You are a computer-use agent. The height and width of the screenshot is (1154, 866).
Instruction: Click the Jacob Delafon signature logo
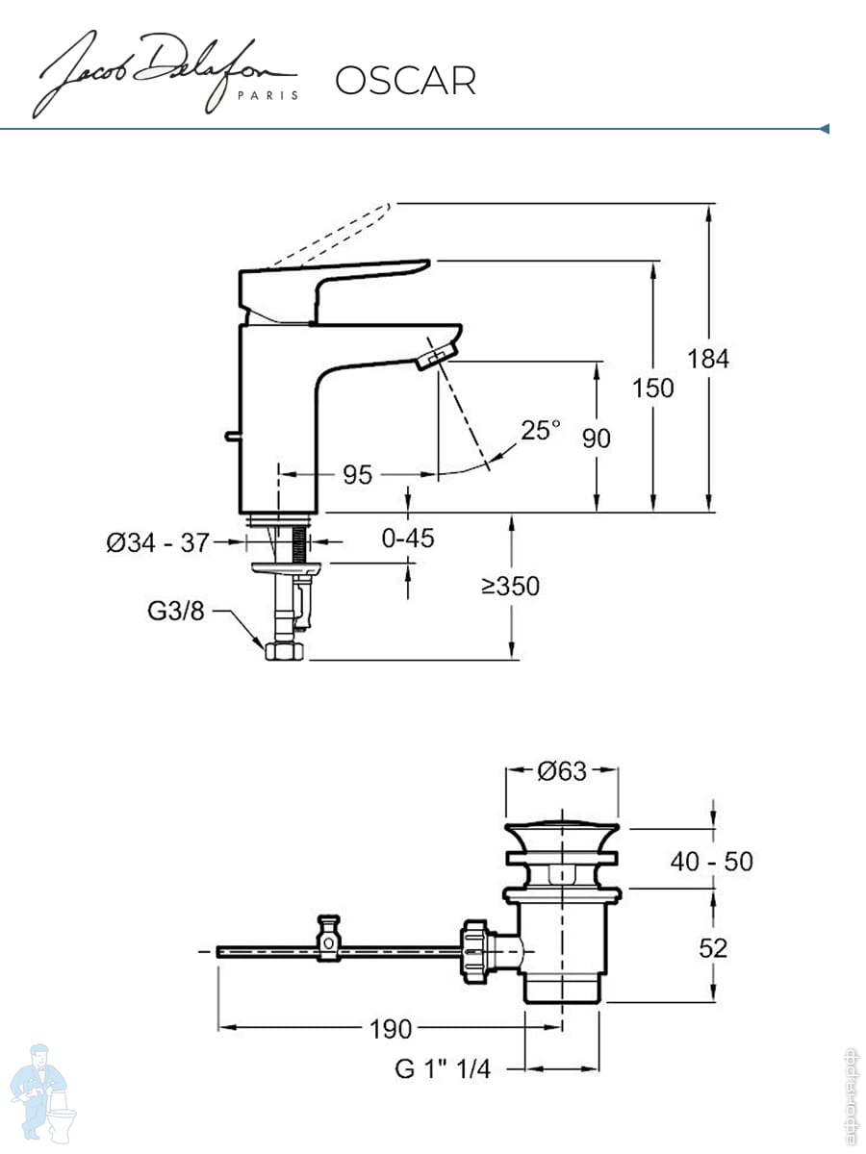[166, 74]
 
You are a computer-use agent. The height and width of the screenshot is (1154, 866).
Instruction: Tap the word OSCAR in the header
[405, 81]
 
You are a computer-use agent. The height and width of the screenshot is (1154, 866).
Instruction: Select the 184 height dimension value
[708, 359]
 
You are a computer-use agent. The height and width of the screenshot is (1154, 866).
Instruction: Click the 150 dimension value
[652, 389]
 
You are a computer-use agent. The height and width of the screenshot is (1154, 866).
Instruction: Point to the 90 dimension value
[597, 439]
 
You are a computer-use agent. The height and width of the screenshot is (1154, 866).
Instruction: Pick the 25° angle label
[540, 430]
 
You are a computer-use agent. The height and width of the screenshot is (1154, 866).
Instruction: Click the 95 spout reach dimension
[358, 475]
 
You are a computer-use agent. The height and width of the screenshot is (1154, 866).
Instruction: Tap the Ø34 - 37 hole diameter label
[158, 542]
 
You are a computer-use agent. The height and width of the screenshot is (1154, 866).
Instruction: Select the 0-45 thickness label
[408, 539]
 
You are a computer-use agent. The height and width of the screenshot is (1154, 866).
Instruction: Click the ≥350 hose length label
[510, 586]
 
